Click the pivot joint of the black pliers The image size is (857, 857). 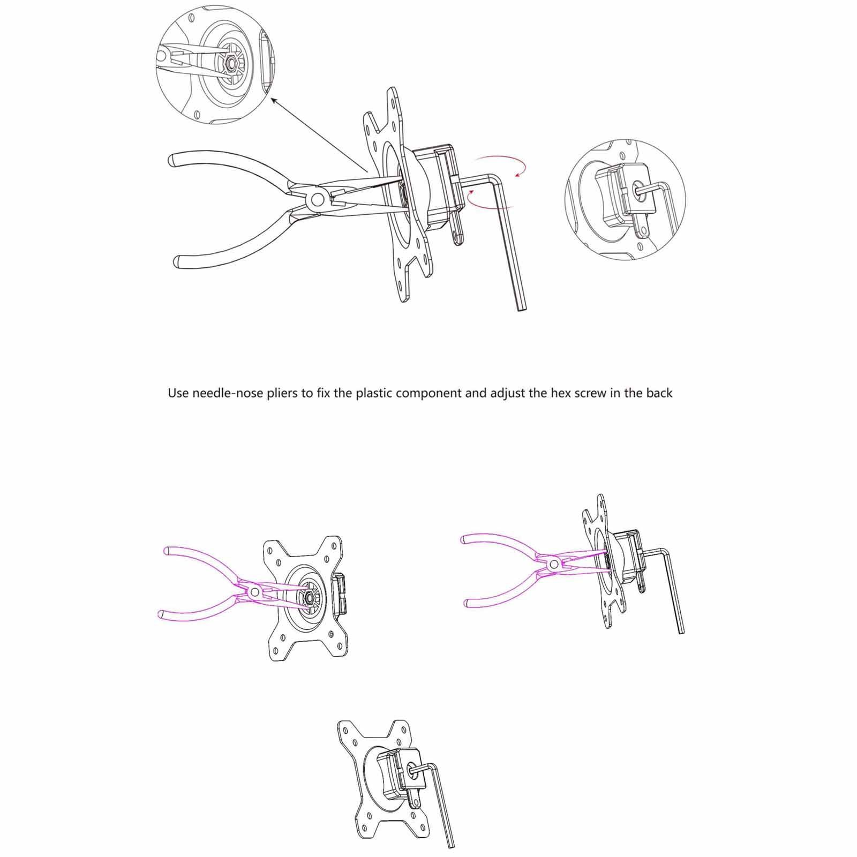click(317, 200)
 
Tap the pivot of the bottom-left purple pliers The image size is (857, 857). click(254, 592)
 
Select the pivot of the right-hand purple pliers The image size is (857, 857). click(553, 563)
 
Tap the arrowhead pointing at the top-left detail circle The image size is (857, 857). click(273, 100)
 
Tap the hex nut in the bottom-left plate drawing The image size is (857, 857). click(310, 596)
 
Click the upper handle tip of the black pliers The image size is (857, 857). click(173, 160)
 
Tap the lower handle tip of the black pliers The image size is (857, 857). click(178, 262)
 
